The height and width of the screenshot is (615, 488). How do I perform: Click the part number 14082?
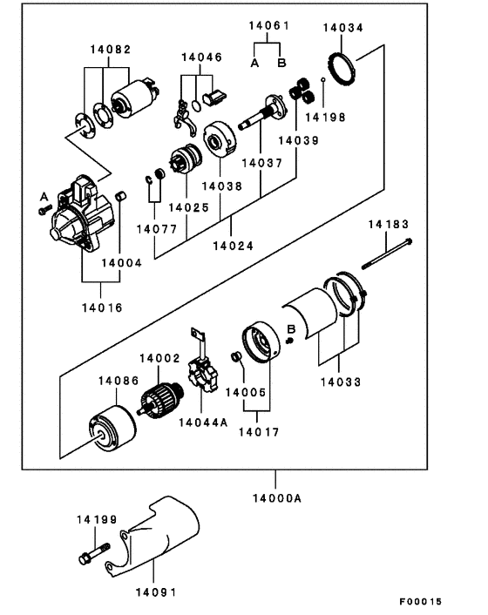click(111, 50)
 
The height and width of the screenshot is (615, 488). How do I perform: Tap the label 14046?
click(201, 57)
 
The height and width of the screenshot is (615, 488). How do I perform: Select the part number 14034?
click(343, 28)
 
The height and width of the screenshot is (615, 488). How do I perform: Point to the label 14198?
click(326, 117)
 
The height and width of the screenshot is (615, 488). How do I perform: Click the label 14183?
click(389, 224)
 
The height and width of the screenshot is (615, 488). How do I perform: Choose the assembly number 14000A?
click(277, 498)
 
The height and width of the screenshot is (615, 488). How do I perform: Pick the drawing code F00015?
click(421, 601)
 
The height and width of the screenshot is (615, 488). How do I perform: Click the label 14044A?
click(203, 422)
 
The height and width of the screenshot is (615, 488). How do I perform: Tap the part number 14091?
click(156, 592)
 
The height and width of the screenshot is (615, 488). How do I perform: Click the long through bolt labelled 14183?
click(387, 253)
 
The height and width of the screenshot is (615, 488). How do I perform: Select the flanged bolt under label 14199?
click(94, 554)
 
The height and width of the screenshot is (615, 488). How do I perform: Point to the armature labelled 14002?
click(161, 400)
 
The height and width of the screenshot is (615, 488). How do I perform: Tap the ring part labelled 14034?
click(342, 69)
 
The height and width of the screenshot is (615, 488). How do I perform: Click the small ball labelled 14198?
click(322, 79)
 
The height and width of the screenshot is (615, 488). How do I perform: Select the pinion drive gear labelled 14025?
click(186, 159)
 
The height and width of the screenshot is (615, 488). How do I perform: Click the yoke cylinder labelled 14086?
click(112, 429)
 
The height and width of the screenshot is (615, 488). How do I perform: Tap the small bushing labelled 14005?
click(236, 357)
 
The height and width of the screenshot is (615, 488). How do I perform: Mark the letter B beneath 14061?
click(281, 63)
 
